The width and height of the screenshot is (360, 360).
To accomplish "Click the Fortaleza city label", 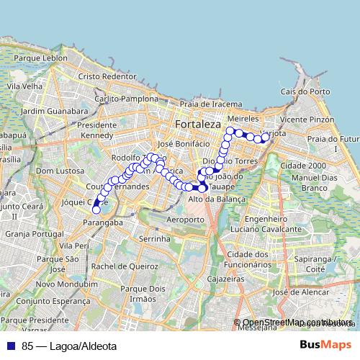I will coord(197,125).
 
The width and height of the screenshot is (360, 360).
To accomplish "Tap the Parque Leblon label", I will coord(45,58).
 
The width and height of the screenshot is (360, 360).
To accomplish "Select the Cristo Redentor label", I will coord(107,76).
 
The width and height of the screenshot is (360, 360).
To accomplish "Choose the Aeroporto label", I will coord(185,219).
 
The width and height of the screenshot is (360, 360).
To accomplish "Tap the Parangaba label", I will coord(99,222).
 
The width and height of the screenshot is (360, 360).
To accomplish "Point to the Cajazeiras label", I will coord(223,277).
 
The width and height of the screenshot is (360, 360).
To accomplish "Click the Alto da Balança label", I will coord(217,199).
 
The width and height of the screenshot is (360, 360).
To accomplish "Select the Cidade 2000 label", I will coord(303,165).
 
